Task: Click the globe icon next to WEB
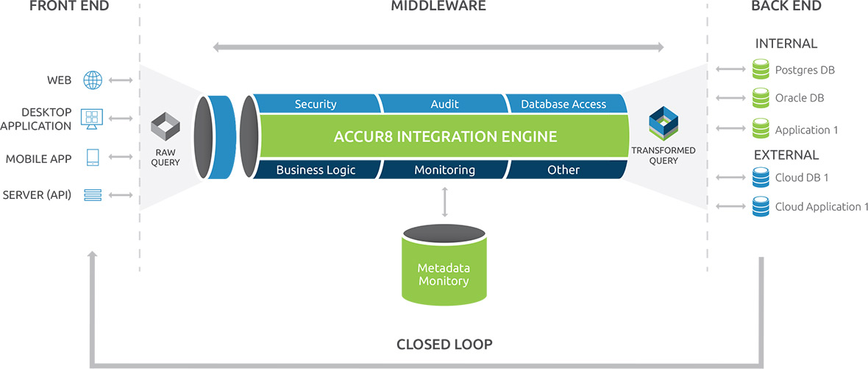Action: (x=93, y=80)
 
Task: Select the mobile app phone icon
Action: (x=93, y=158)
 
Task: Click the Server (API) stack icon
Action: (x=93, y=195)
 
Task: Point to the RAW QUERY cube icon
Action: (x=165, y=127)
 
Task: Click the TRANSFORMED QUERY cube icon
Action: (x=663, y=124)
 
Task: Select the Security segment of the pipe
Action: (x=315, y=105)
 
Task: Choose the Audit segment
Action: (x=444, y=105)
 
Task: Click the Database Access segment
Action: (x=563, y=105)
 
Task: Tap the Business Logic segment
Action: (x=315, y=170)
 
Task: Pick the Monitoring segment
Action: (x=444, y=170)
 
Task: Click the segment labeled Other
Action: (x=563, y=170)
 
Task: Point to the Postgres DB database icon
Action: (x=760, y=71)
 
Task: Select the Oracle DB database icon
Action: (x=760, y=97)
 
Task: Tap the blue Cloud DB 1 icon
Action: (x=760, y=178)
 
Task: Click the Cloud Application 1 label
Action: (x=822, y=207)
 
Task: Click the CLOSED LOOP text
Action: (x=444, y=344)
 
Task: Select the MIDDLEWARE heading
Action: (x=438, y=7)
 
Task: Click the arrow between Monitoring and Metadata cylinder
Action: (x=444, y=201)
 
